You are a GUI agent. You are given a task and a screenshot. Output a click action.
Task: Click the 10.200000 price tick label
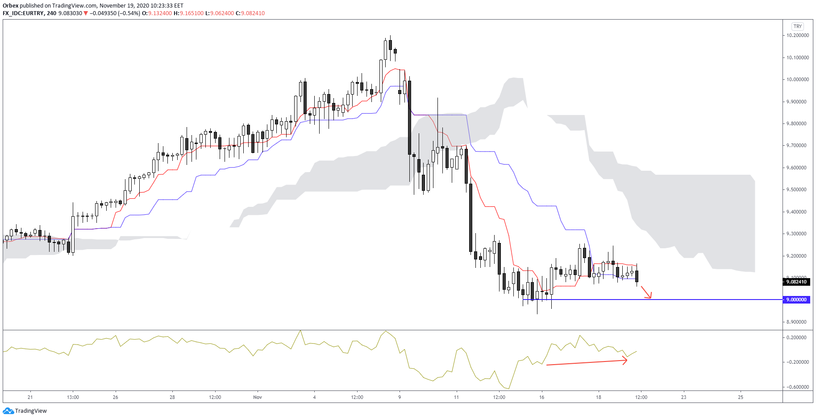click(797, 35)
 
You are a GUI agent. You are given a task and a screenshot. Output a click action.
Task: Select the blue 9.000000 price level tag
click(796, 300)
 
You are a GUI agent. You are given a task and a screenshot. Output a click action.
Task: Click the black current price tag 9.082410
click(796, 282)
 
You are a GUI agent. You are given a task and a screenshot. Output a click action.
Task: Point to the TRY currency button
click(798, 26)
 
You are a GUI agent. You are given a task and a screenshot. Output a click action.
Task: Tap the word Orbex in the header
click(10, 6)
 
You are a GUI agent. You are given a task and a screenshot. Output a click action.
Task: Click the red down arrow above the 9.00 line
click(647, 292)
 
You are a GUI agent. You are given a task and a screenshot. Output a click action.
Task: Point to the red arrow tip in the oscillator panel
click(626, 361)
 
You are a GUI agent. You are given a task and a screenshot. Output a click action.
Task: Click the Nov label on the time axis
click(258, 397)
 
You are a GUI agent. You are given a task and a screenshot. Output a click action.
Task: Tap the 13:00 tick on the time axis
click(73, 397)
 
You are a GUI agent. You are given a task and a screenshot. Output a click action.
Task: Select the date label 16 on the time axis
click(541, 397)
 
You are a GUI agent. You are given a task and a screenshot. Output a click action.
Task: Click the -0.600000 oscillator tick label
click(797, 387)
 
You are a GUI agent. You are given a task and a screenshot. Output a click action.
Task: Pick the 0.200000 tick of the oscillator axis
click(797, 337)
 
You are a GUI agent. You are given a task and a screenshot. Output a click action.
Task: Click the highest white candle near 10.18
click(385, 50)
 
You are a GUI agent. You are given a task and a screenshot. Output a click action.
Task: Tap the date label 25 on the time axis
click(741, 397)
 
